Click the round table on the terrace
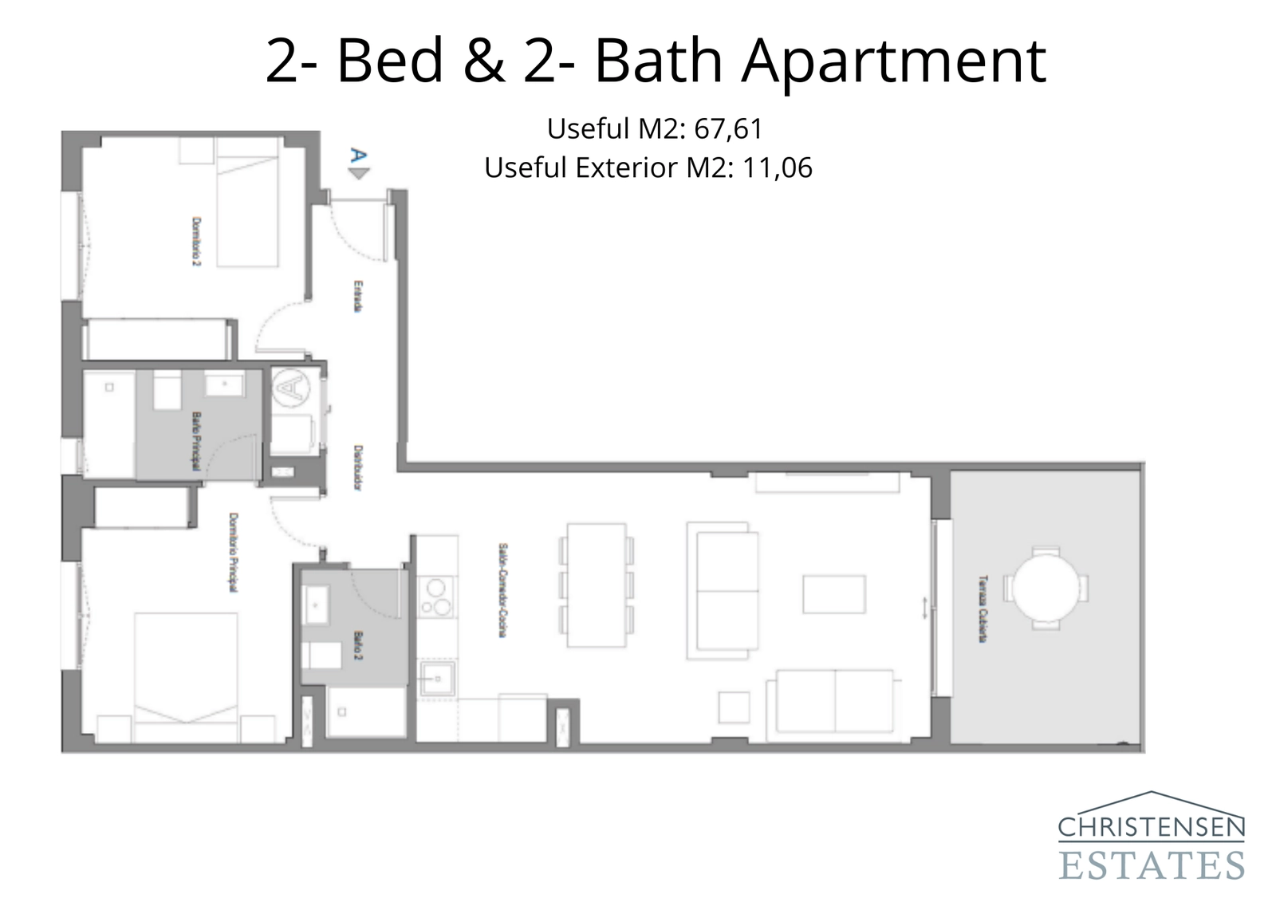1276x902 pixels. point(1046,588)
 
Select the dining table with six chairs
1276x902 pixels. point(596,585)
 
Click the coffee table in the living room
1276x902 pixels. point(833,594)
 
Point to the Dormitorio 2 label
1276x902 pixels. point(195,241)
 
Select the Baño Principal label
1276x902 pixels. point(195,441)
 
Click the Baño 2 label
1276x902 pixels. point(358,646)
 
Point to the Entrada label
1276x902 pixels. point(359,296)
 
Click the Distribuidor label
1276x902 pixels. point(359,468)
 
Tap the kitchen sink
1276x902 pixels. point(437,679)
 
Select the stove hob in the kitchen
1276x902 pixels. point(436,597)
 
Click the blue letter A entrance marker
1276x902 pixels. point(358,156)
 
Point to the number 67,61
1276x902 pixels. point(728,128)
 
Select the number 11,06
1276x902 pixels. point(777,167)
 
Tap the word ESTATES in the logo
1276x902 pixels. point(1151,865)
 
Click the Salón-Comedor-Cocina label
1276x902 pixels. point(502,590)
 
